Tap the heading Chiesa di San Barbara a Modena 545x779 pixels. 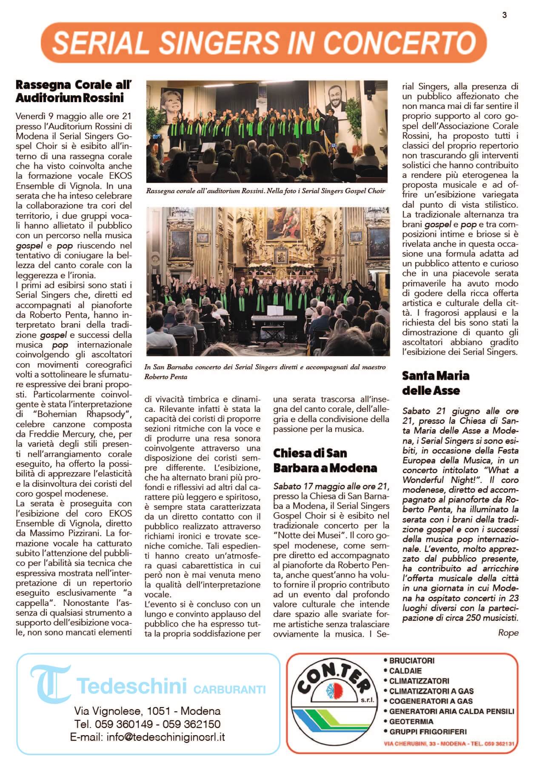coord(325,460)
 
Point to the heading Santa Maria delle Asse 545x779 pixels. coord(436,383)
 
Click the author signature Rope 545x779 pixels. coord(508,633)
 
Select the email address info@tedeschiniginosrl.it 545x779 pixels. coord(147,737)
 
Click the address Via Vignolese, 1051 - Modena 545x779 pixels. coord(147,711)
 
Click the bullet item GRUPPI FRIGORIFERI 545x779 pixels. coord(427,731)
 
